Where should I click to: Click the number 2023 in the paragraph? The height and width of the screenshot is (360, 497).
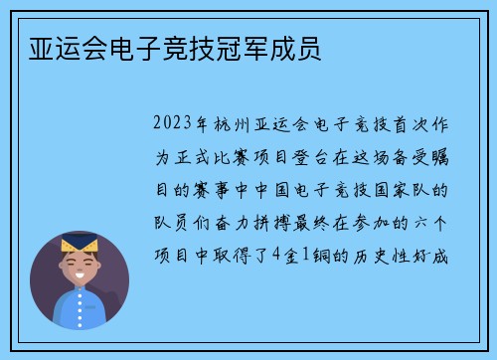175,126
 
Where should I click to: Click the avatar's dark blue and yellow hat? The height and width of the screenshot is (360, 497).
79,245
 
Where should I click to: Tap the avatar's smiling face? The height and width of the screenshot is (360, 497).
79,268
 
